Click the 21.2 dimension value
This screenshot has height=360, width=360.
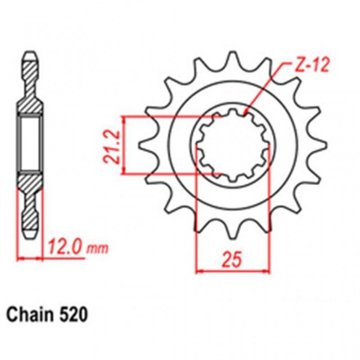coord(110,145)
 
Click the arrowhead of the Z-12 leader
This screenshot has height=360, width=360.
coord(246,112)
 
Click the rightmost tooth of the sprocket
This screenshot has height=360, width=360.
coord(320,145)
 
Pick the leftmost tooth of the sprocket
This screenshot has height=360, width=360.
coord(145,145)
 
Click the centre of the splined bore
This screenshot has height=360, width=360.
coord(234,145)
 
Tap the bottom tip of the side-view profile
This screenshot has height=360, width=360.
coord(30,237)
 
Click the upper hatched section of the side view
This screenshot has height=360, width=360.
coord(30,90)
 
